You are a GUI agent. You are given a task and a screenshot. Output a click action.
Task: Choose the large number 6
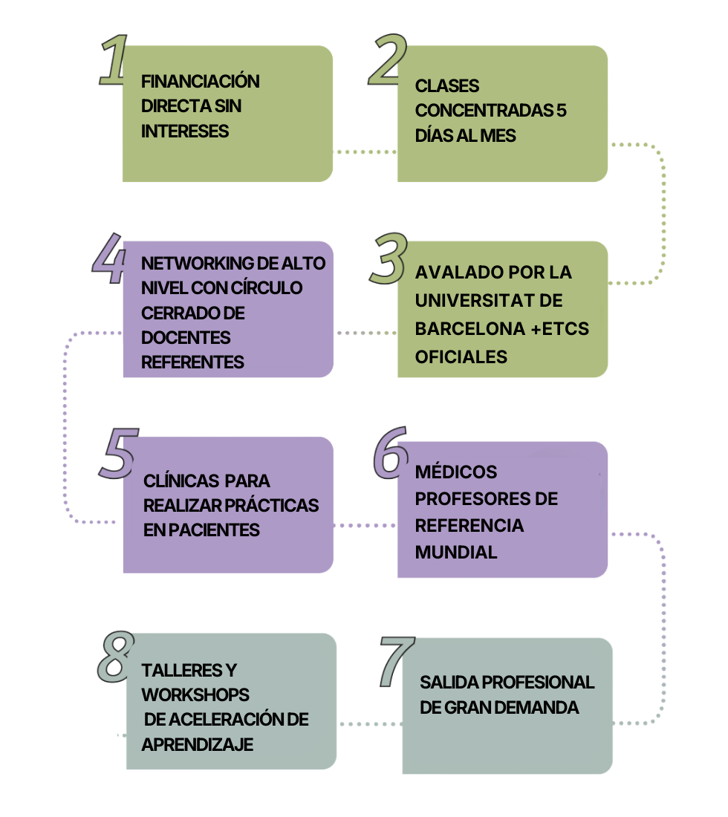[x=390, y=450]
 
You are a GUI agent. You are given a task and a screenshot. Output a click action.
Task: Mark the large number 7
[x=396, y=661]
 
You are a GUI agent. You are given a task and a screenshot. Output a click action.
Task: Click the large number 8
[x=116, y=657]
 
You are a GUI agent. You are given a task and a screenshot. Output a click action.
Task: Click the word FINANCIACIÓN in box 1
[x=201, y=81]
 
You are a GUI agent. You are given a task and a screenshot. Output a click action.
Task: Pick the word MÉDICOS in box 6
[x=456, y=472]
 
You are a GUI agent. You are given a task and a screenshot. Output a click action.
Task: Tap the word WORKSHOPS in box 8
[x=195, y=695]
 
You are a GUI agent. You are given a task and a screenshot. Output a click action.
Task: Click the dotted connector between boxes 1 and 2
[x=365, y=152]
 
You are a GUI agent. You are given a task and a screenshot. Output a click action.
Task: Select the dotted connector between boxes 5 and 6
[x=365, y=525]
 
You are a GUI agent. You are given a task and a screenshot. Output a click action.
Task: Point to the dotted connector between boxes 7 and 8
[x=369, y=723]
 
